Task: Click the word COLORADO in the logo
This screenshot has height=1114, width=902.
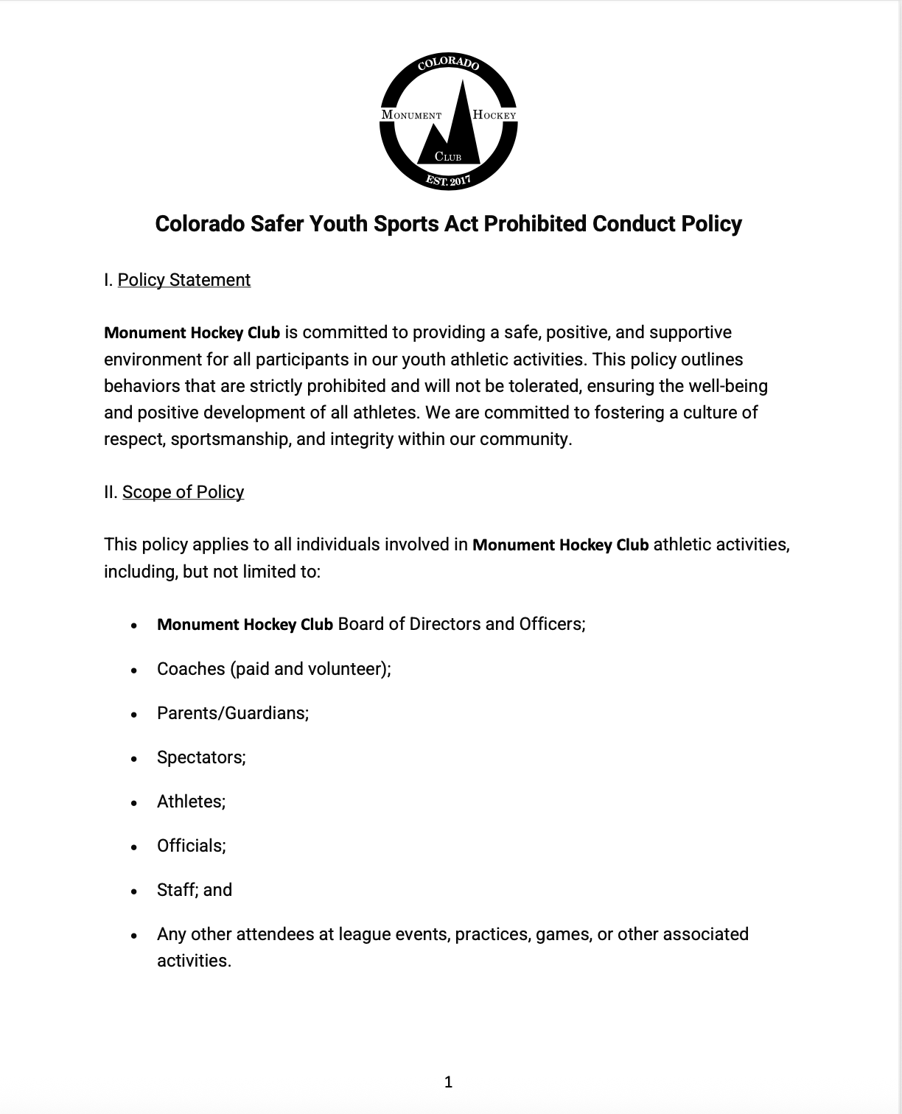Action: pos(448,64)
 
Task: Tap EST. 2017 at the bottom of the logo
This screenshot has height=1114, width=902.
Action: pos(448,180)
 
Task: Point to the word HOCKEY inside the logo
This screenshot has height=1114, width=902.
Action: pos(494,115)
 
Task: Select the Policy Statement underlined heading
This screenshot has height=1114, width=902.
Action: pos(184,280)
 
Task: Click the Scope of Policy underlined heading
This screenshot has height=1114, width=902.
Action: pos(183,492)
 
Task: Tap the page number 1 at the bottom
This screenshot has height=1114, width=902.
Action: pos(449,1082)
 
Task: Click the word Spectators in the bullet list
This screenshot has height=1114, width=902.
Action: pos(200,757)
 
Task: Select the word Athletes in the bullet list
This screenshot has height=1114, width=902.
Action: pos(190,802)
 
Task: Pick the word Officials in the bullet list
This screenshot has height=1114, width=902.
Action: pos(190,846)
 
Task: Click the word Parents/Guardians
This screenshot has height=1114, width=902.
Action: pos(232,713)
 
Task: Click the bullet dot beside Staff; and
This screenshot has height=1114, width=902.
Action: pos(133,891)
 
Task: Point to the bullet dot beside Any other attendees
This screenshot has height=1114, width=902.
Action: pos(133,936)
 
